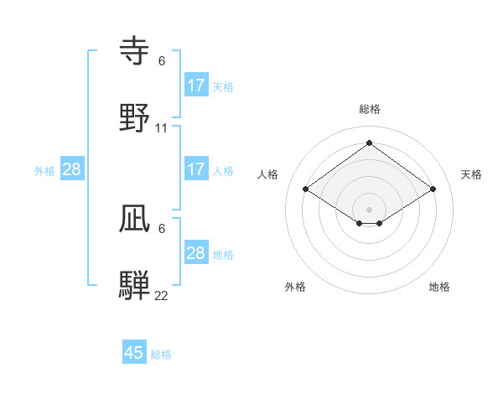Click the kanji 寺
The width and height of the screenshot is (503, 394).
pos(135,52)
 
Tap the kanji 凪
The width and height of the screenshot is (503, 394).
pos(135,219)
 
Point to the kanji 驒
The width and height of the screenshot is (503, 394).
pos(135,285)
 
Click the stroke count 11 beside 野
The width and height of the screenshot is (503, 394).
pos(162,128)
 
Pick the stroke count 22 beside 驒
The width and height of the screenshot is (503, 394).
pos(162,295)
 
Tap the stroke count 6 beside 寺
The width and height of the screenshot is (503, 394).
pos(162,61)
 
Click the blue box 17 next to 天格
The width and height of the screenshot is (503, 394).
pos(196,86)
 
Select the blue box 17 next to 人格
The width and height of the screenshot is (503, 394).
pos(196,169)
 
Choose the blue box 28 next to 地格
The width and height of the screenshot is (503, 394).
pos(196,253)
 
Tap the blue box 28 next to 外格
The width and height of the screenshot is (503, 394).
pos(72,169)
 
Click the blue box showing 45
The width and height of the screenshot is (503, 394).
pos(134,353)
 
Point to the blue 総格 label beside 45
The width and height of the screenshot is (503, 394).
pos(161,355)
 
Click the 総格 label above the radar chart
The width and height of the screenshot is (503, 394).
pos(370,109)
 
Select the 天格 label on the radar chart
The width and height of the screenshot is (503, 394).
pos(472,174)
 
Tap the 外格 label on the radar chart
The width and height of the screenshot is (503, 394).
pos(295,288)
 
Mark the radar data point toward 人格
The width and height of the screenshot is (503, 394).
pos(306,189)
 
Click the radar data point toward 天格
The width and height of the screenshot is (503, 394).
pos(433,189)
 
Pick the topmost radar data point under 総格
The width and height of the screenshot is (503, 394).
pos(370,143)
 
